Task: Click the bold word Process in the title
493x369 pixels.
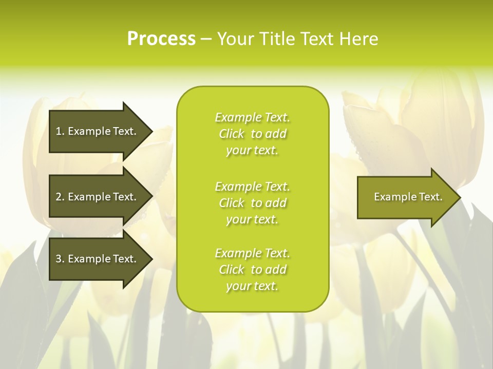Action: tap(161, 39)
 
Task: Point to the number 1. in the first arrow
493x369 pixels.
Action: tap(60, 131)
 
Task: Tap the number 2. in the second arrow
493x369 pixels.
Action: tap(60, 197)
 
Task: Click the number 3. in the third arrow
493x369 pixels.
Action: tap(60, 259)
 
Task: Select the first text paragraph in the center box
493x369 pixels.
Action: tap(252, 134)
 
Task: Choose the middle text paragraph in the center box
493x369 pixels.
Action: tap(252, 203)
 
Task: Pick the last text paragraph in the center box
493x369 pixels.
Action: tap(252, 270)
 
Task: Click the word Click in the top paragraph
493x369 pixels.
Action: tap(232, 134)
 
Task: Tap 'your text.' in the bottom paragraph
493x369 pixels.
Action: tap(252, 286)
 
